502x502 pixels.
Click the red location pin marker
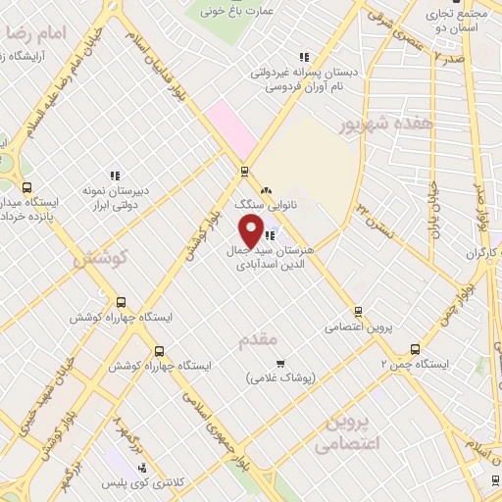click(251, 231)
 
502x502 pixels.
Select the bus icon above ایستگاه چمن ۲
click(417, 348)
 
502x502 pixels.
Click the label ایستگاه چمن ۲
click(414, 364)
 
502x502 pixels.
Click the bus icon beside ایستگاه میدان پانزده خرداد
click(26, 187)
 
